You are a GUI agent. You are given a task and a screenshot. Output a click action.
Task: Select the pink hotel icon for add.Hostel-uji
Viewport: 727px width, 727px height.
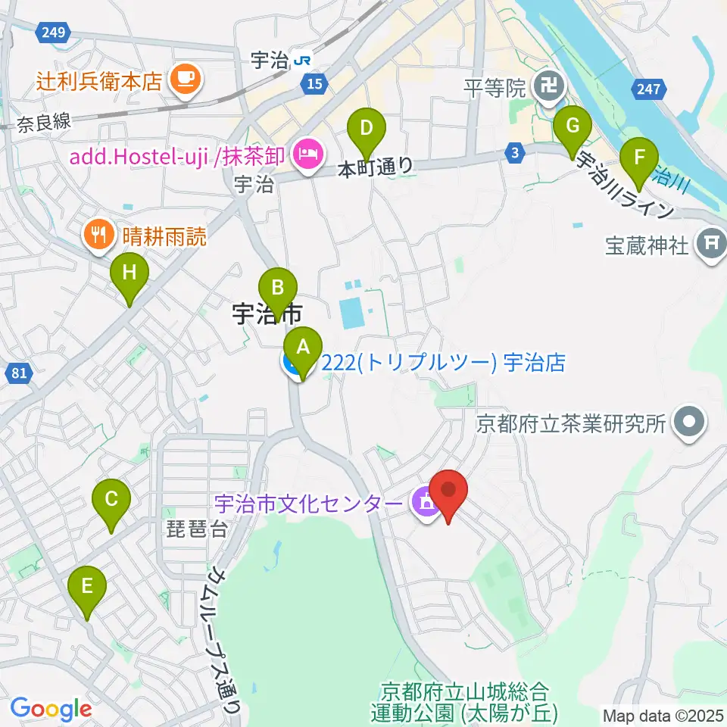tap(307, 156)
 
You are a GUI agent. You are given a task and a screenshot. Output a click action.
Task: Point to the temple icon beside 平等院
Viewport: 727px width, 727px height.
tap(547, 86)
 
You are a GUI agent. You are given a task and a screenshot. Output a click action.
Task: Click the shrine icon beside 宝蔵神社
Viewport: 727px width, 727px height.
tap(711, 244)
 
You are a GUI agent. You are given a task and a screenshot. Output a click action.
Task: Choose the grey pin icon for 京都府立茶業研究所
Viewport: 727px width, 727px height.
tap(689, 423)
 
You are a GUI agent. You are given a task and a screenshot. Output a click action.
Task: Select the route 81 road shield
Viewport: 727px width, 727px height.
tap(20, 372)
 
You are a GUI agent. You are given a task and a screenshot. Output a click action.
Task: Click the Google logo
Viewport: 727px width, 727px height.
tap(51, 710)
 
